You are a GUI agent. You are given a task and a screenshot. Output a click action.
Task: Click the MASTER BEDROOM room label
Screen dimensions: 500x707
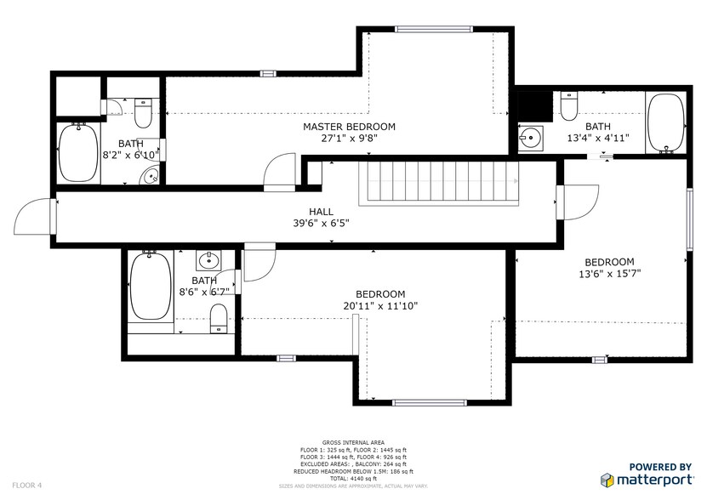click(349, 127)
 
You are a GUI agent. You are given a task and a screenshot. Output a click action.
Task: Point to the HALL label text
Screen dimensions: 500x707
click(321, 212)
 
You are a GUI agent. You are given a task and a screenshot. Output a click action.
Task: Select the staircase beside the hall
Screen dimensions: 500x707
click(442, 182)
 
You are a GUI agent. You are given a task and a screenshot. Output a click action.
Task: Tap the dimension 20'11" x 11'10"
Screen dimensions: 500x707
click(379, 306)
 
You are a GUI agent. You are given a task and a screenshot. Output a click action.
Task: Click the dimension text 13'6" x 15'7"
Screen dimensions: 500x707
click(609, 274)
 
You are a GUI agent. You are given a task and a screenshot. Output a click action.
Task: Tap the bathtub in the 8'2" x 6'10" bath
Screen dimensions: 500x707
click(78, 153)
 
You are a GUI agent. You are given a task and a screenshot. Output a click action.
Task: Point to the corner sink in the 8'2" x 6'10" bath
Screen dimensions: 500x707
click(151, 176)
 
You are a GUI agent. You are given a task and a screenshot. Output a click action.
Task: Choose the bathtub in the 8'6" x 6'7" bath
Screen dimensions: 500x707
click(151, 287)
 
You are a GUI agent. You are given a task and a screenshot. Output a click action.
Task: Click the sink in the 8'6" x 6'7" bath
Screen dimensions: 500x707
click(208, 259)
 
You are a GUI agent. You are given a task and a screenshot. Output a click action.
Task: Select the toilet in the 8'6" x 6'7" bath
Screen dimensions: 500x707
click(219, 318)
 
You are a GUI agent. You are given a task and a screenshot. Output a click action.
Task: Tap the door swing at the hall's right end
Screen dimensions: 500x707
click(579, 202)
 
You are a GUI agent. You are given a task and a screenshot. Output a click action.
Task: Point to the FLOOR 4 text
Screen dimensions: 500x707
click(27, 485)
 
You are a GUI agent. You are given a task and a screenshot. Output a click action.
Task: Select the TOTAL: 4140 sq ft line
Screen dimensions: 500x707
click(352, 478)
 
